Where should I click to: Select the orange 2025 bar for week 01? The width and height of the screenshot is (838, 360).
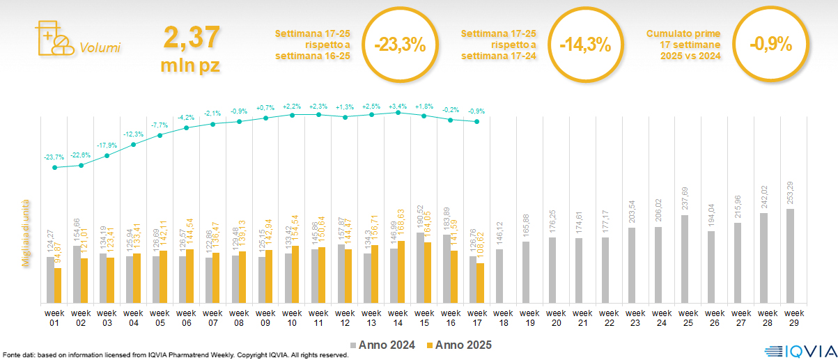pyautogui.click(x=58, y=285)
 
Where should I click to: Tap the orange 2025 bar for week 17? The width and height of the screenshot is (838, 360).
pyautogui.click(x=480, y=283)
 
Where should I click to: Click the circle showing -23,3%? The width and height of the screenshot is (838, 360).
pyautogui.click(x=399, y=45)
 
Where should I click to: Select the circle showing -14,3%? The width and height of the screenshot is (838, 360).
pyautogui.click(x=585, y=45)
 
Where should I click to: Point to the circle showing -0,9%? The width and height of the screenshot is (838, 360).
pyautogui.click(x=770, y=45)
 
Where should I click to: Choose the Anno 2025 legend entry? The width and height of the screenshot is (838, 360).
pyautogui.click(x=459, y=345)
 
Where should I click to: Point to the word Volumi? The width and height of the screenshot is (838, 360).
pyautogui.click(x=100, y=48)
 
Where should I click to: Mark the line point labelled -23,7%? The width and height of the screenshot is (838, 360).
pyautogui.click(x=54, y=167)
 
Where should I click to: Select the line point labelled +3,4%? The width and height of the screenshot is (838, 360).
pyautogui.click(x=398, y=112)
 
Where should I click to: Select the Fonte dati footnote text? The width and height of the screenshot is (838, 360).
pyautogui.click(x=174, y=355)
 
